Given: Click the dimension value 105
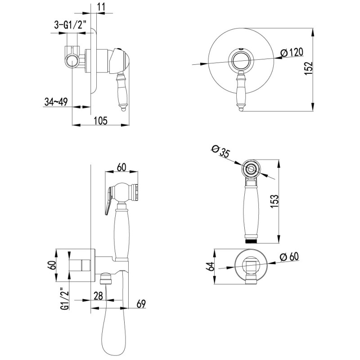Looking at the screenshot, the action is click(100, 121).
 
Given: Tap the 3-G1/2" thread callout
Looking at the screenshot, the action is click(70, 25).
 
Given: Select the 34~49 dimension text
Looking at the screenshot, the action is click(56, 102).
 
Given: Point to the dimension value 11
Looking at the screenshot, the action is click(101, 7).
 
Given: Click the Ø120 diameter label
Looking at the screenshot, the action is click(292, 53).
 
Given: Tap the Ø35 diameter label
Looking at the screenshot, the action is click(220, 151).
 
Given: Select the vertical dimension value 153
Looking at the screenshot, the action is click(274, 201).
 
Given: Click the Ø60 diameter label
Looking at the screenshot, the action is click(289, 256).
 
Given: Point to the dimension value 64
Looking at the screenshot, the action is click(211, 266).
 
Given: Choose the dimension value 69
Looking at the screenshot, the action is click(141, 304).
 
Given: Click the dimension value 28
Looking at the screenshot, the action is click(98, 296).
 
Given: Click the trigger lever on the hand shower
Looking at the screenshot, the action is click(108, 200).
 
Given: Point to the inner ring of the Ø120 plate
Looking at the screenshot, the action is click(241, 60).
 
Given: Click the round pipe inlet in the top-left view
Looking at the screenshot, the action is click(72, 61).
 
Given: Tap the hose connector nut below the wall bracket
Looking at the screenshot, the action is click(106, 278).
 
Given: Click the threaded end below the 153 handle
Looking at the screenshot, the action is click(251, 241).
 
